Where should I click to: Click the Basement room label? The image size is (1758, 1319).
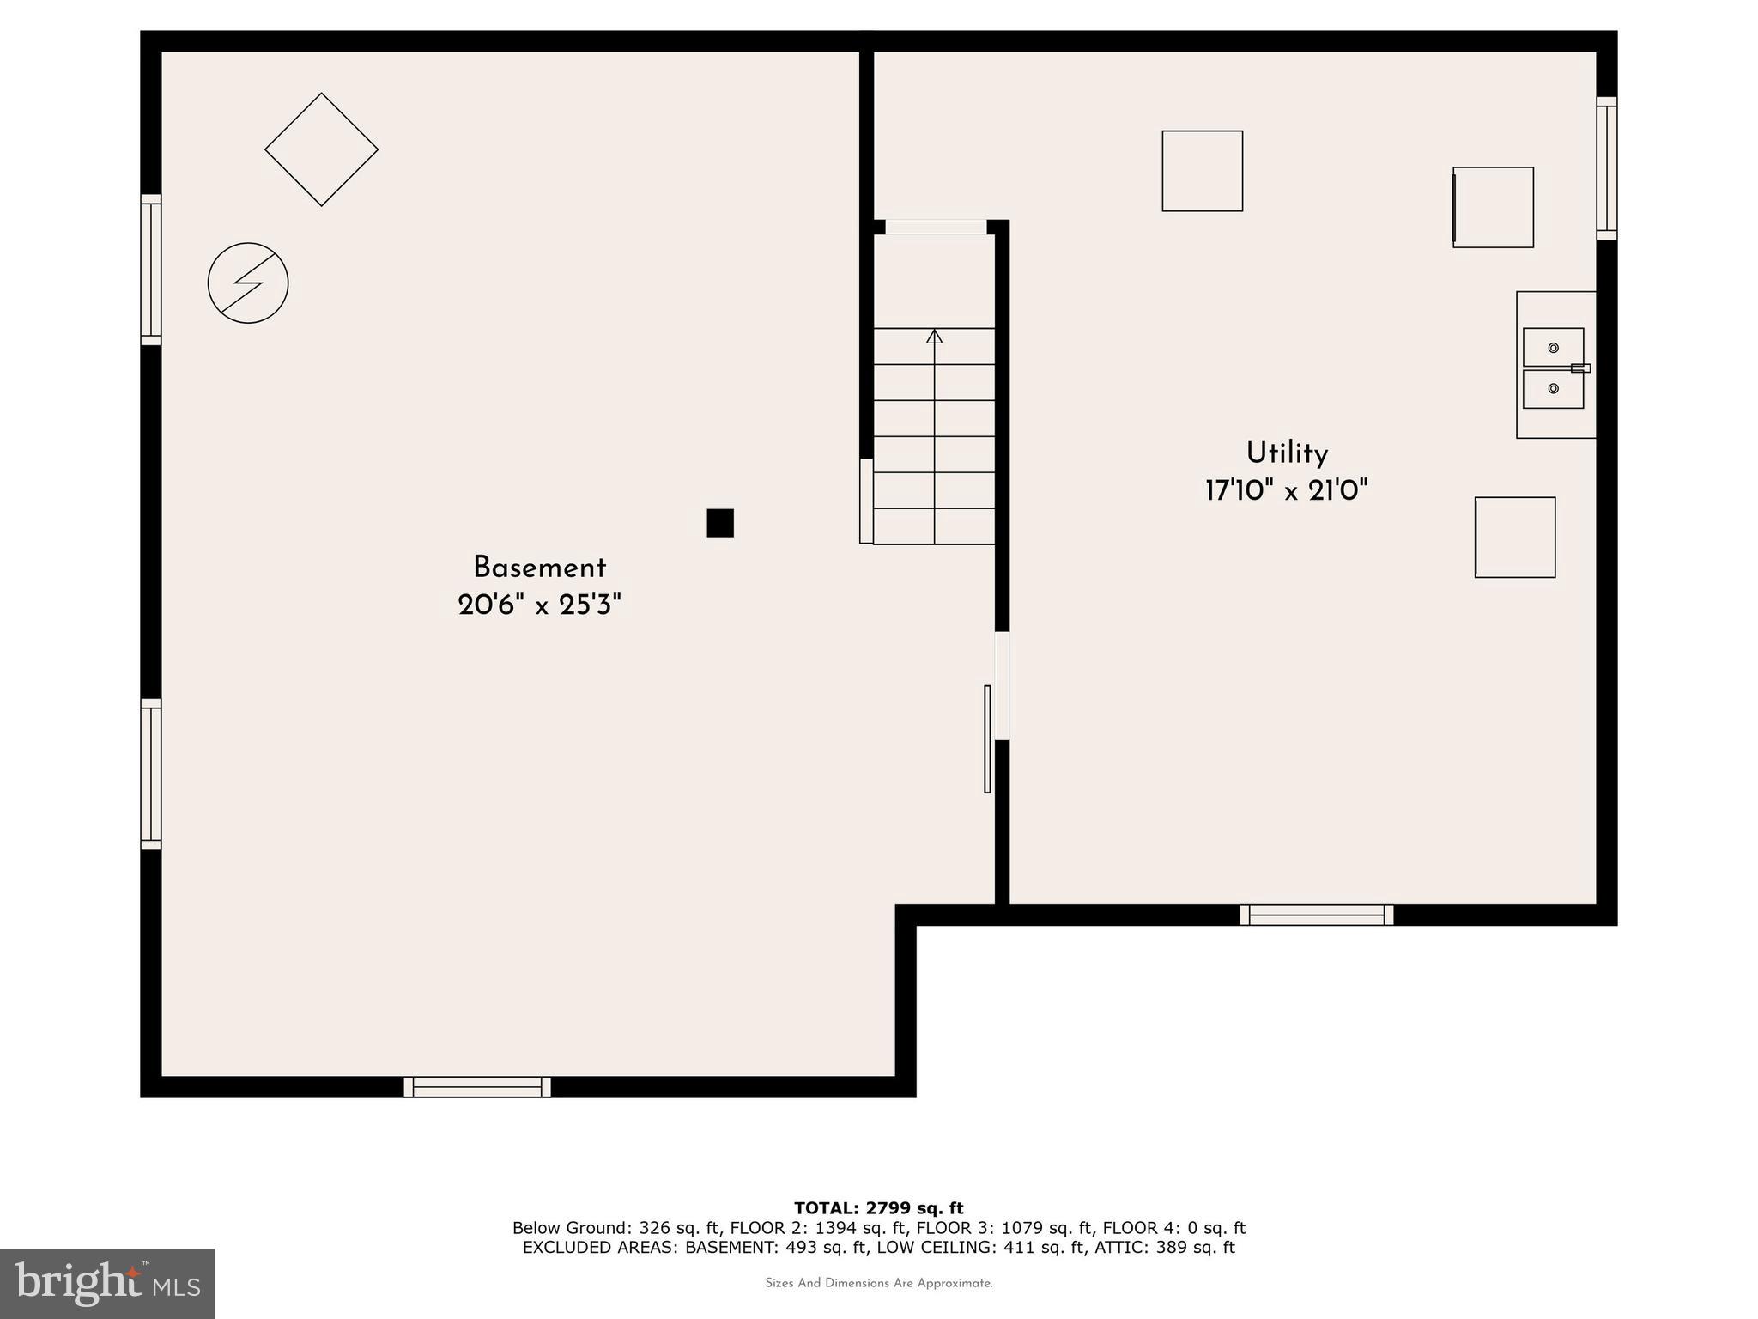tap(539, 568)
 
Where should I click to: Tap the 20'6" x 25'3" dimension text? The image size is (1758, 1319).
tap(539, 605)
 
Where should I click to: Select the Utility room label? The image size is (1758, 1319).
tap(1286, 453)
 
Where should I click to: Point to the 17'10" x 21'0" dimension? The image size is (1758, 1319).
tap(1286, 491)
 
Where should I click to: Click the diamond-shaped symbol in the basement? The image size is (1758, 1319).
tap(321, 149)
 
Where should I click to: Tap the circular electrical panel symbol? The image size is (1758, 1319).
tap(248, 283)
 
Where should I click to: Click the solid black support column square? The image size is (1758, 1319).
tap(720, 523)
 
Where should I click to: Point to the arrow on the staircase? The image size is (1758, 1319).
tap(934, 337)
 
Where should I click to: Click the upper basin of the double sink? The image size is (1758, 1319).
tap(1552, 348)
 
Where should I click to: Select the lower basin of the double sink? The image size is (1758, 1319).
tap(1552, 389)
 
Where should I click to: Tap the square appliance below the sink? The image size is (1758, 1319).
tap(1515, 538)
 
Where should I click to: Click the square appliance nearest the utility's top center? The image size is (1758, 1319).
tap(1202, 171)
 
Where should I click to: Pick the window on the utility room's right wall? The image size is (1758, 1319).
tap(1606, 168)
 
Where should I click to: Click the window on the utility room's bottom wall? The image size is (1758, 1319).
tap(1316, 915)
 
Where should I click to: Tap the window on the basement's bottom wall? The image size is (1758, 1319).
tap(477, 1087)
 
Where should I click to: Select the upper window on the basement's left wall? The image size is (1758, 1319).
tap(151, 270)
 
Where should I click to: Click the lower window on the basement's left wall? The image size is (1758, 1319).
tap(151, 775)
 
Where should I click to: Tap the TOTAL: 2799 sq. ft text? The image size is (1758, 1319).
tap(878, 1209)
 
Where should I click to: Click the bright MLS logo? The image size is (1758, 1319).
tap(107, 1283)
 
